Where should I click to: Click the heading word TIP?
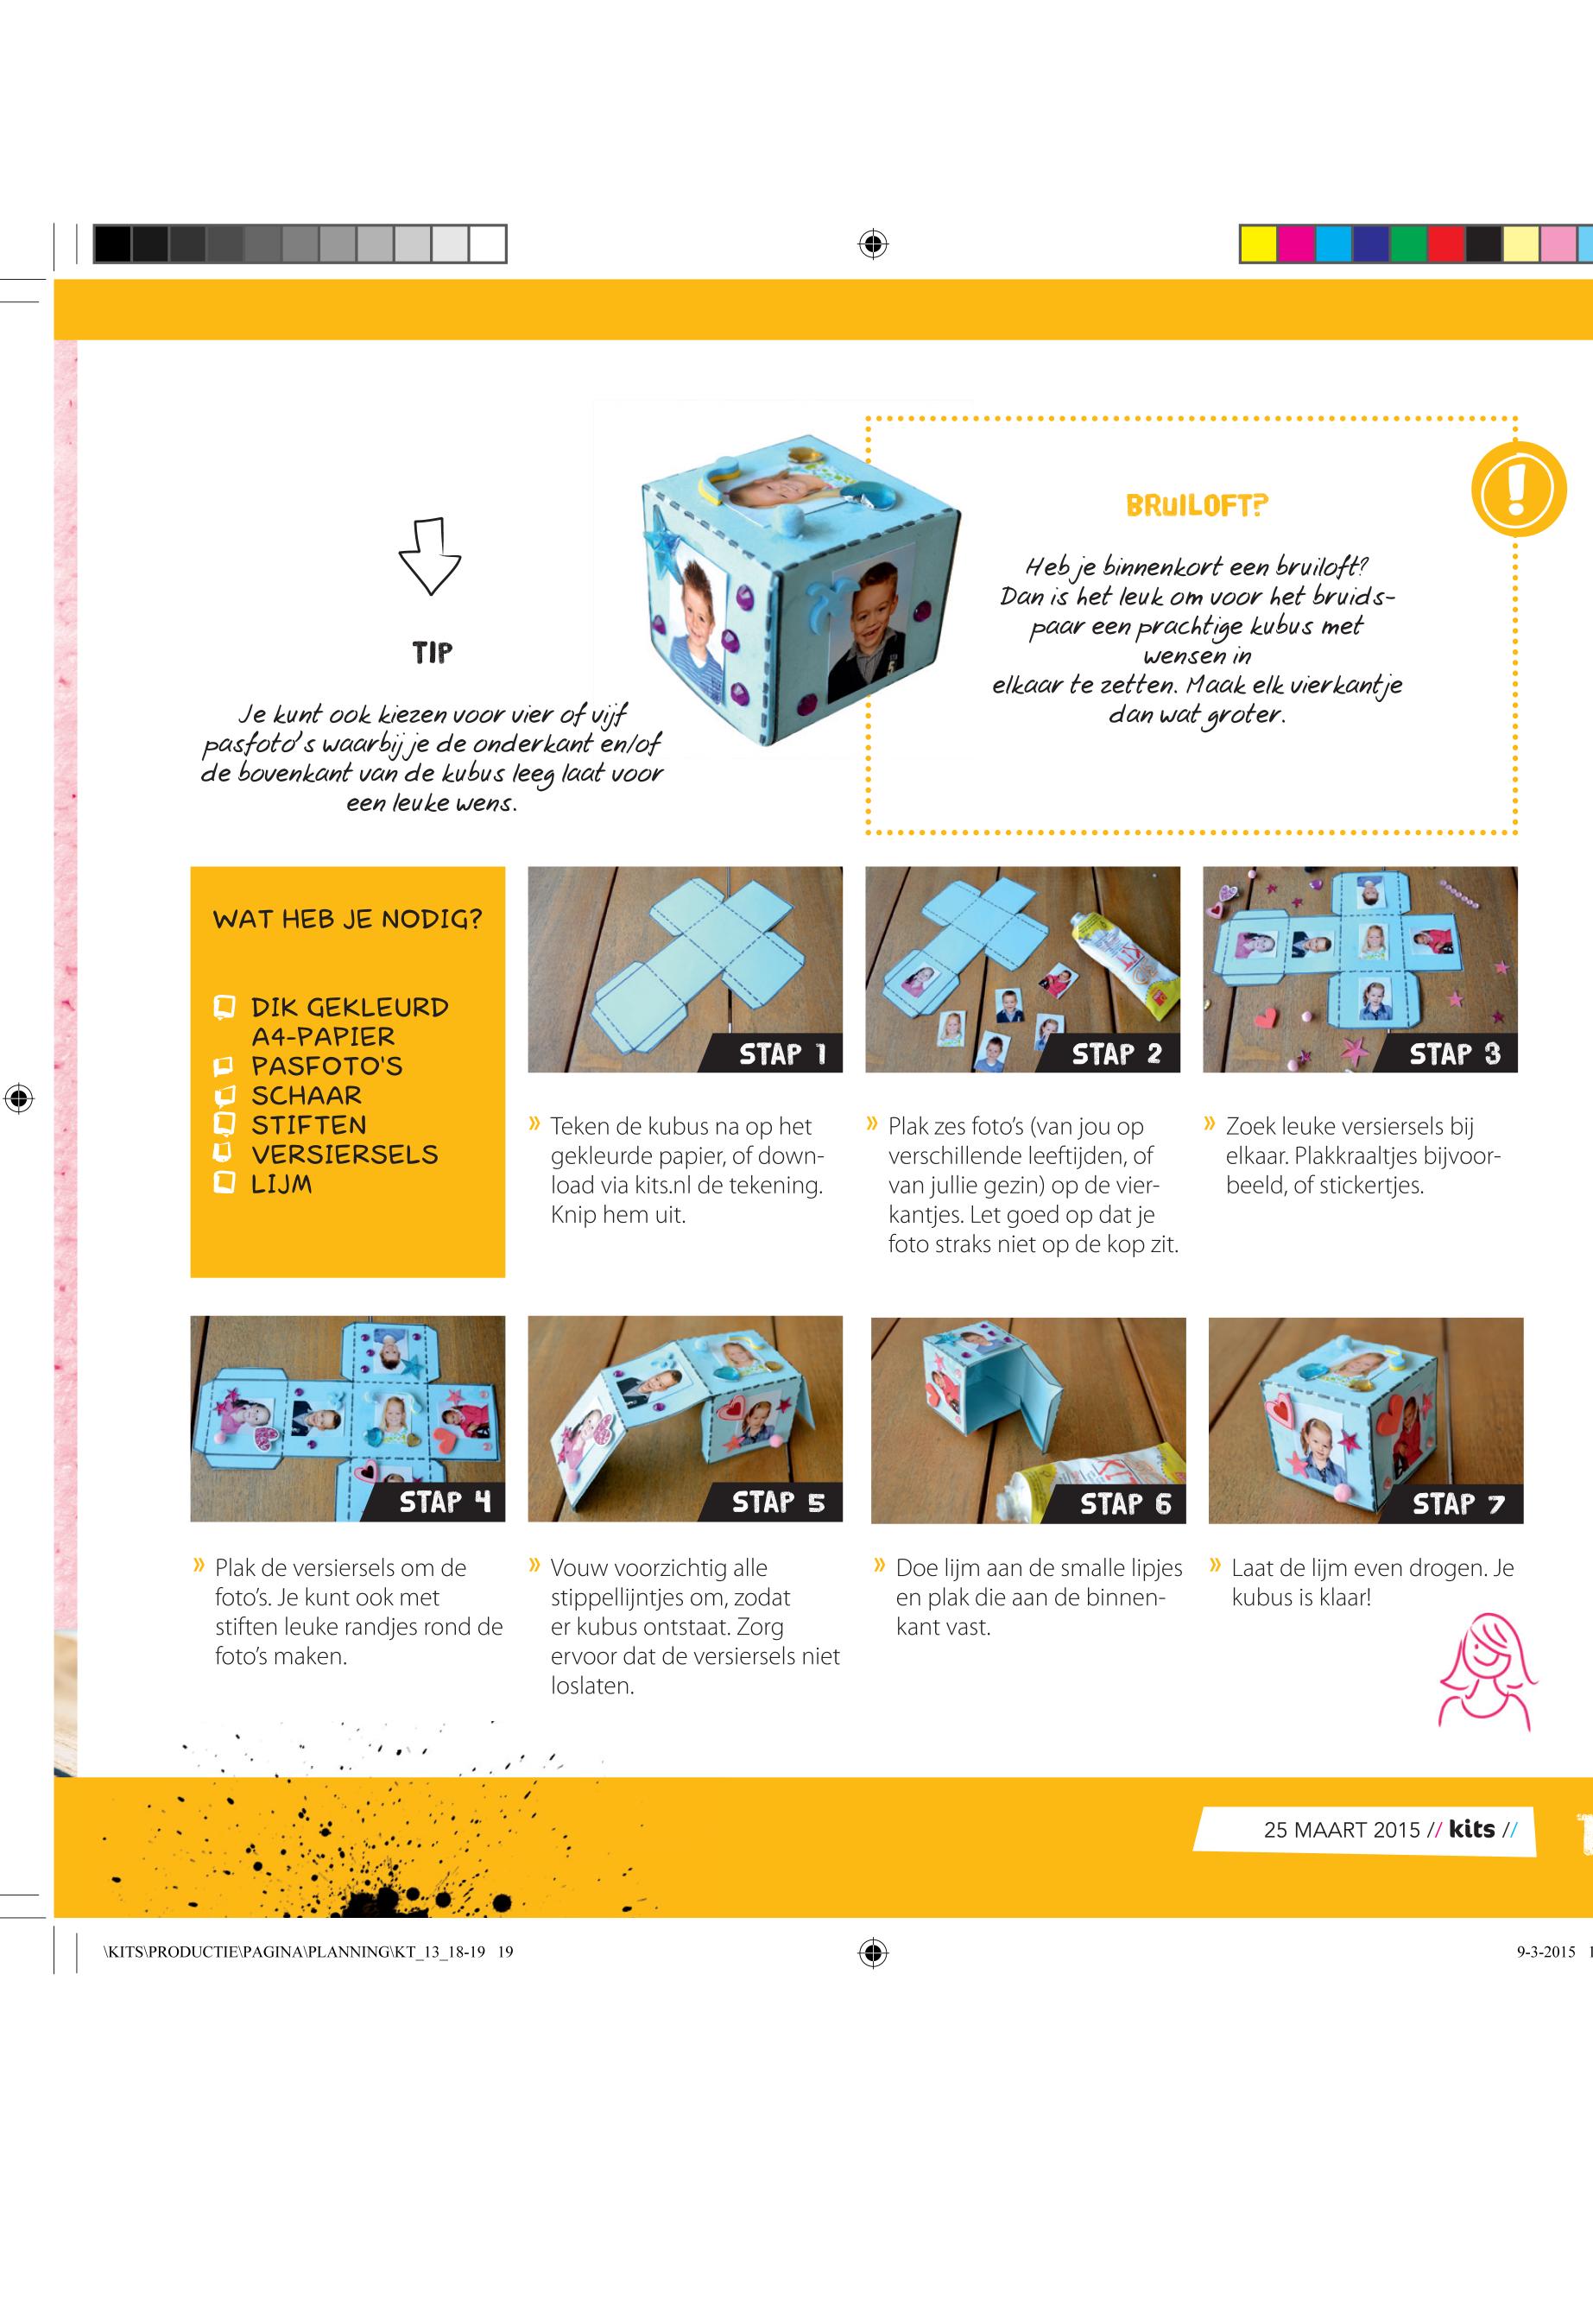(433, 653)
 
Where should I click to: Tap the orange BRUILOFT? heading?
(1196, 505)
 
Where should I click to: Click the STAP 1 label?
(782, 1054)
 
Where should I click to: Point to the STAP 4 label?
(446, 1503)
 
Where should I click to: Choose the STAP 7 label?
(1458, 1503)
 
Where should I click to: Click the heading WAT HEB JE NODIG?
(347, 919)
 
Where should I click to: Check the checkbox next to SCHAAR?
(224, 1096)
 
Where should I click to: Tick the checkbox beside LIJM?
(224, 1184)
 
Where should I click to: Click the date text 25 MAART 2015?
(1341, 1829)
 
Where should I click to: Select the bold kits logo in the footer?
(1471, 1828)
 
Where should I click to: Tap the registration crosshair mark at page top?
(874, 244)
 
